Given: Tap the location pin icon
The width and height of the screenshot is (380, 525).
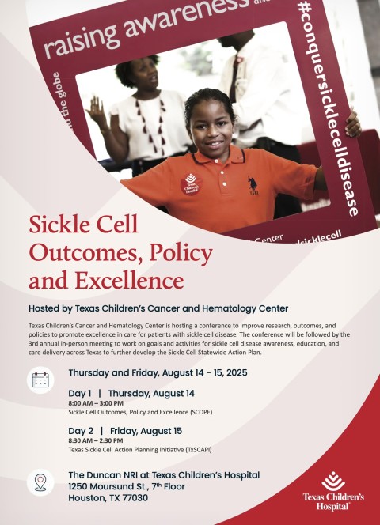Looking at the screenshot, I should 40,482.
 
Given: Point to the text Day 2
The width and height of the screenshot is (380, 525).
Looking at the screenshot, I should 82,431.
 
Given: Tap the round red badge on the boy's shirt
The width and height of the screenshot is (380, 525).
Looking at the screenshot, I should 190,183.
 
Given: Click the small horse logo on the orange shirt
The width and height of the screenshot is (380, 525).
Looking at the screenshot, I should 253,183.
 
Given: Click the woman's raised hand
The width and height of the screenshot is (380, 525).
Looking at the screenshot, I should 97,111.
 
